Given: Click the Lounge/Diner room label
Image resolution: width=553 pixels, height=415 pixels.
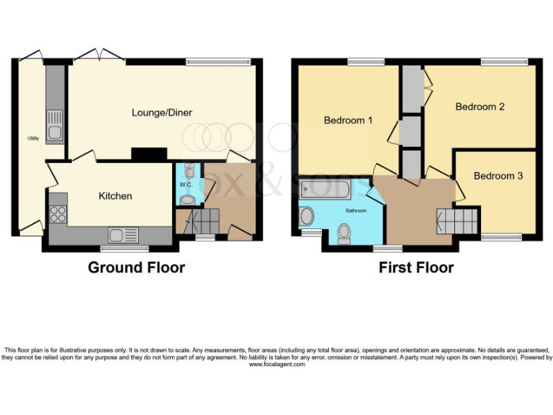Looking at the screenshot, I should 162,112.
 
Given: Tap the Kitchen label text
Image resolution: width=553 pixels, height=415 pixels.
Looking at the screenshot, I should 115,196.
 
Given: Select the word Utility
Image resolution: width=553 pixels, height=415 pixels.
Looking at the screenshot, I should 33,138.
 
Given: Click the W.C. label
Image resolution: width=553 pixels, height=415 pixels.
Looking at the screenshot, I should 185,184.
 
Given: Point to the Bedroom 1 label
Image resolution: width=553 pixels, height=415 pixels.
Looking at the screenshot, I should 348,120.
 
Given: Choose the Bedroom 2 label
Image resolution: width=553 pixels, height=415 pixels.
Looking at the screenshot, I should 480,107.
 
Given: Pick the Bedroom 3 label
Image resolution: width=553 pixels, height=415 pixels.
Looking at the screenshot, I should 498,176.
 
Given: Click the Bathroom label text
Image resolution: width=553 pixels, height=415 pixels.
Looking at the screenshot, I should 356,211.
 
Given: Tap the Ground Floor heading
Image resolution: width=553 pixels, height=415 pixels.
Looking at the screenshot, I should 136,268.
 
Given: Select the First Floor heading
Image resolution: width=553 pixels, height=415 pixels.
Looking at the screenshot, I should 416,268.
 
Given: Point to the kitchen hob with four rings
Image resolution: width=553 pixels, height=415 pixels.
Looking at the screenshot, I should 58,213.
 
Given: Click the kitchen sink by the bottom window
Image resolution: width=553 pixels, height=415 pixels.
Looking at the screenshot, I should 123,235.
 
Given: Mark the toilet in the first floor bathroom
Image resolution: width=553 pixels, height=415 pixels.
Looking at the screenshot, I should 344,232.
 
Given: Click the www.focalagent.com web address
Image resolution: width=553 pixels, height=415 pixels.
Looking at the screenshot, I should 276,365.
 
